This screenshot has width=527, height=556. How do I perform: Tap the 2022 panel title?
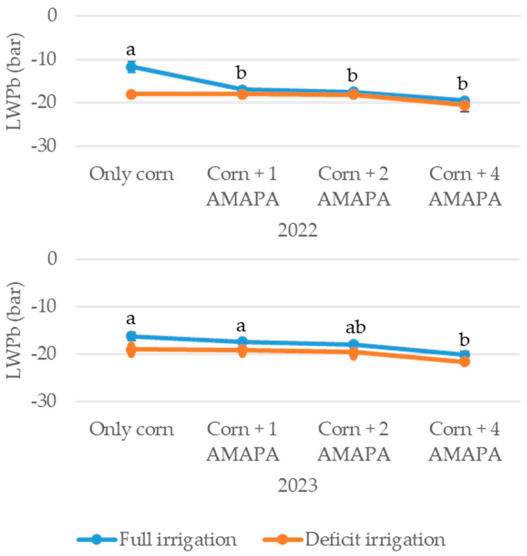pos(298,231)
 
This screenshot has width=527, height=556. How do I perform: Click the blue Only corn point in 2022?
pos(131,67)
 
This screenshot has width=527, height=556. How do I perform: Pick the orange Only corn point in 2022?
pos(131,94)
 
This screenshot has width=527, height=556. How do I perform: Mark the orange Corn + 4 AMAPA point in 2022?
pos(465,105)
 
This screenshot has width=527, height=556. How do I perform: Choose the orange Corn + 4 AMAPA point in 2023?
pos(465,362)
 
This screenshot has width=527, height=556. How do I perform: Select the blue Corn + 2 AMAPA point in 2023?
pos(354,344)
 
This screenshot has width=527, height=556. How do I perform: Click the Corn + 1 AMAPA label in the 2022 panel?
pos(243,187)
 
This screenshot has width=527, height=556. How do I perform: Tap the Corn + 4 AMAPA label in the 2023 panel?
pos(465,442)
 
